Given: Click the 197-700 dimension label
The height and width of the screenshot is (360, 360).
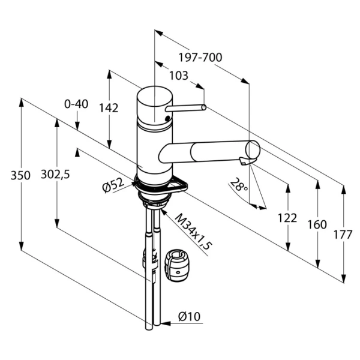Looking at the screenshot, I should tap(200, 58).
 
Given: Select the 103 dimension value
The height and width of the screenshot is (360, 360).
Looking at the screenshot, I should tap(178, 76).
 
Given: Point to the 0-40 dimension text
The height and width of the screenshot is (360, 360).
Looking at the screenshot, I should tap(76, 104).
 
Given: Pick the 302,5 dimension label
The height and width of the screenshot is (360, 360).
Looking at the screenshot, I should tap(55, 175).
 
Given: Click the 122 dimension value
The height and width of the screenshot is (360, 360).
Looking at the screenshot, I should tap(287, 218).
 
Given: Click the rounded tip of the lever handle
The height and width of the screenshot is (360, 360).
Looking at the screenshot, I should tap(204, 107).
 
